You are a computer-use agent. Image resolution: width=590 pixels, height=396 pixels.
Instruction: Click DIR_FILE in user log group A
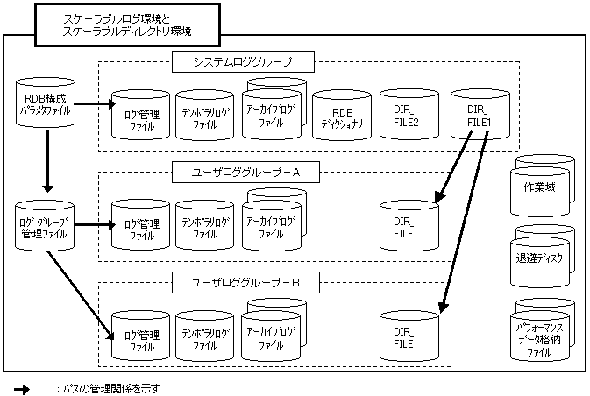[x=408, y=229]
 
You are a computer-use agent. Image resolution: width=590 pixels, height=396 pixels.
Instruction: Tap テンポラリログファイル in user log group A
[x=205, y=229]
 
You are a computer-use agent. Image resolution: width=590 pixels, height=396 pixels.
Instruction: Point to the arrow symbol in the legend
[x=22, y=388]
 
